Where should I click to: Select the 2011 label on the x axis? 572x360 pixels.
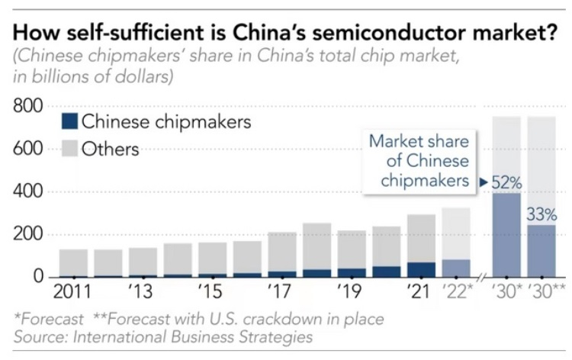coord(74,293)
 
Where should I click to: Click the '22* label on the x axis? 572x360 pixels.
coord(457,293)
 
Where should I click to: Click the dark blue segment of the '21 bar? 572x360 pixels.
coord(421,269)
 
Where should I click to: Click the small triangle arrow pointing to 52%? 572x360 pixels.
coord(483,182)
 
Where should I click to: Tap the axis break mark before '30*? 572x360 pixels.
coord(481,277)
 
